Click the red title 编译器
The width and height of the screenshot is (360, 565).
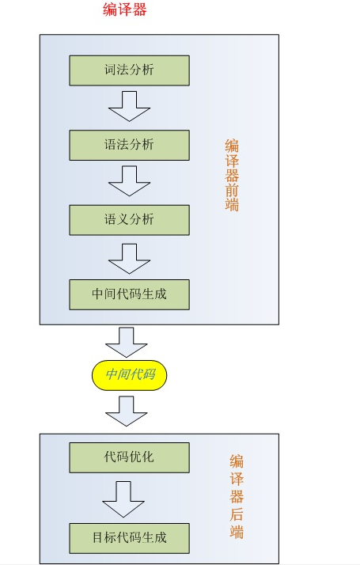point(124,9)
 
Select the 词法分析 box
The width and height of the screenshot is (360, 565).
point(130,70)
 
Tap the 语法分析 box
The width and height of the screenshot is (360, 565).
point(130,146)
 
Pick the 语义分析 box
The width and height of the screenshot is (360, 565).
point(130,220)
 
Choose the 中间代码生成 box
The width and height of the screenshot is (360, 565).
point(130,294)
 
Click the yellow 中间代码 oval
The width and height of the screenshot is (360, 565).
point(130,375)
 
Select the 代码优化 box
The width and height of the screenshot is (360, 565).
point(130,457)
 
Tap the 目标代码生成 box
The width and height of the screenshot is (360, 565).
point(130,538)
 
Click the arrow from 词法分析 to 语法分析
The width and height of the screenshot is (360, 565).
point(130,106)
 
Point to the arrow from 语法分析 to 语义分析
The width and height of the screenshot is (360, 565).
point(130,181)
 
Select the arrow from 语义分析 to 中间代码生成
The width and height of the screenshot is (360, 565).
point(130,259)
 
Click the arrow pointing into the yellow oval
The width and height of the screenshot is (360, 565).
point(126,343)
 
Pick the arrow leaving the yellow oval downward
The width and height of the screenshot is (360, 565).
point(126,411)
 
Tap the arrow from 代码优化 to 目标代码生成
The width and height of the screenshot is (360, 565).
point(123,499)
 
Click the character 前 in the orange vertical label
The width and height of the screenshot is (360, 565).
point(232,190)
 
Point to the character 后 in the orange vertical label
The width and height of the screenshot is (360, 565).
point(237,514)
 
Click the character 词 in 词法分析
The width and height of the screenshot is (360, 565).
point(110,70)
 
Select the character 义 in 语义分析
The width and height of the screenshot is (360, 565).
point(123,219)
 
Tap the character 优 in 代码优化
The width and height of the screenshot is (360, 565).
point(135,457)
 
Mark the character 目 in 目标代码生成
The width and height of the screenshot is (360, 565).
point(98,537)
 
